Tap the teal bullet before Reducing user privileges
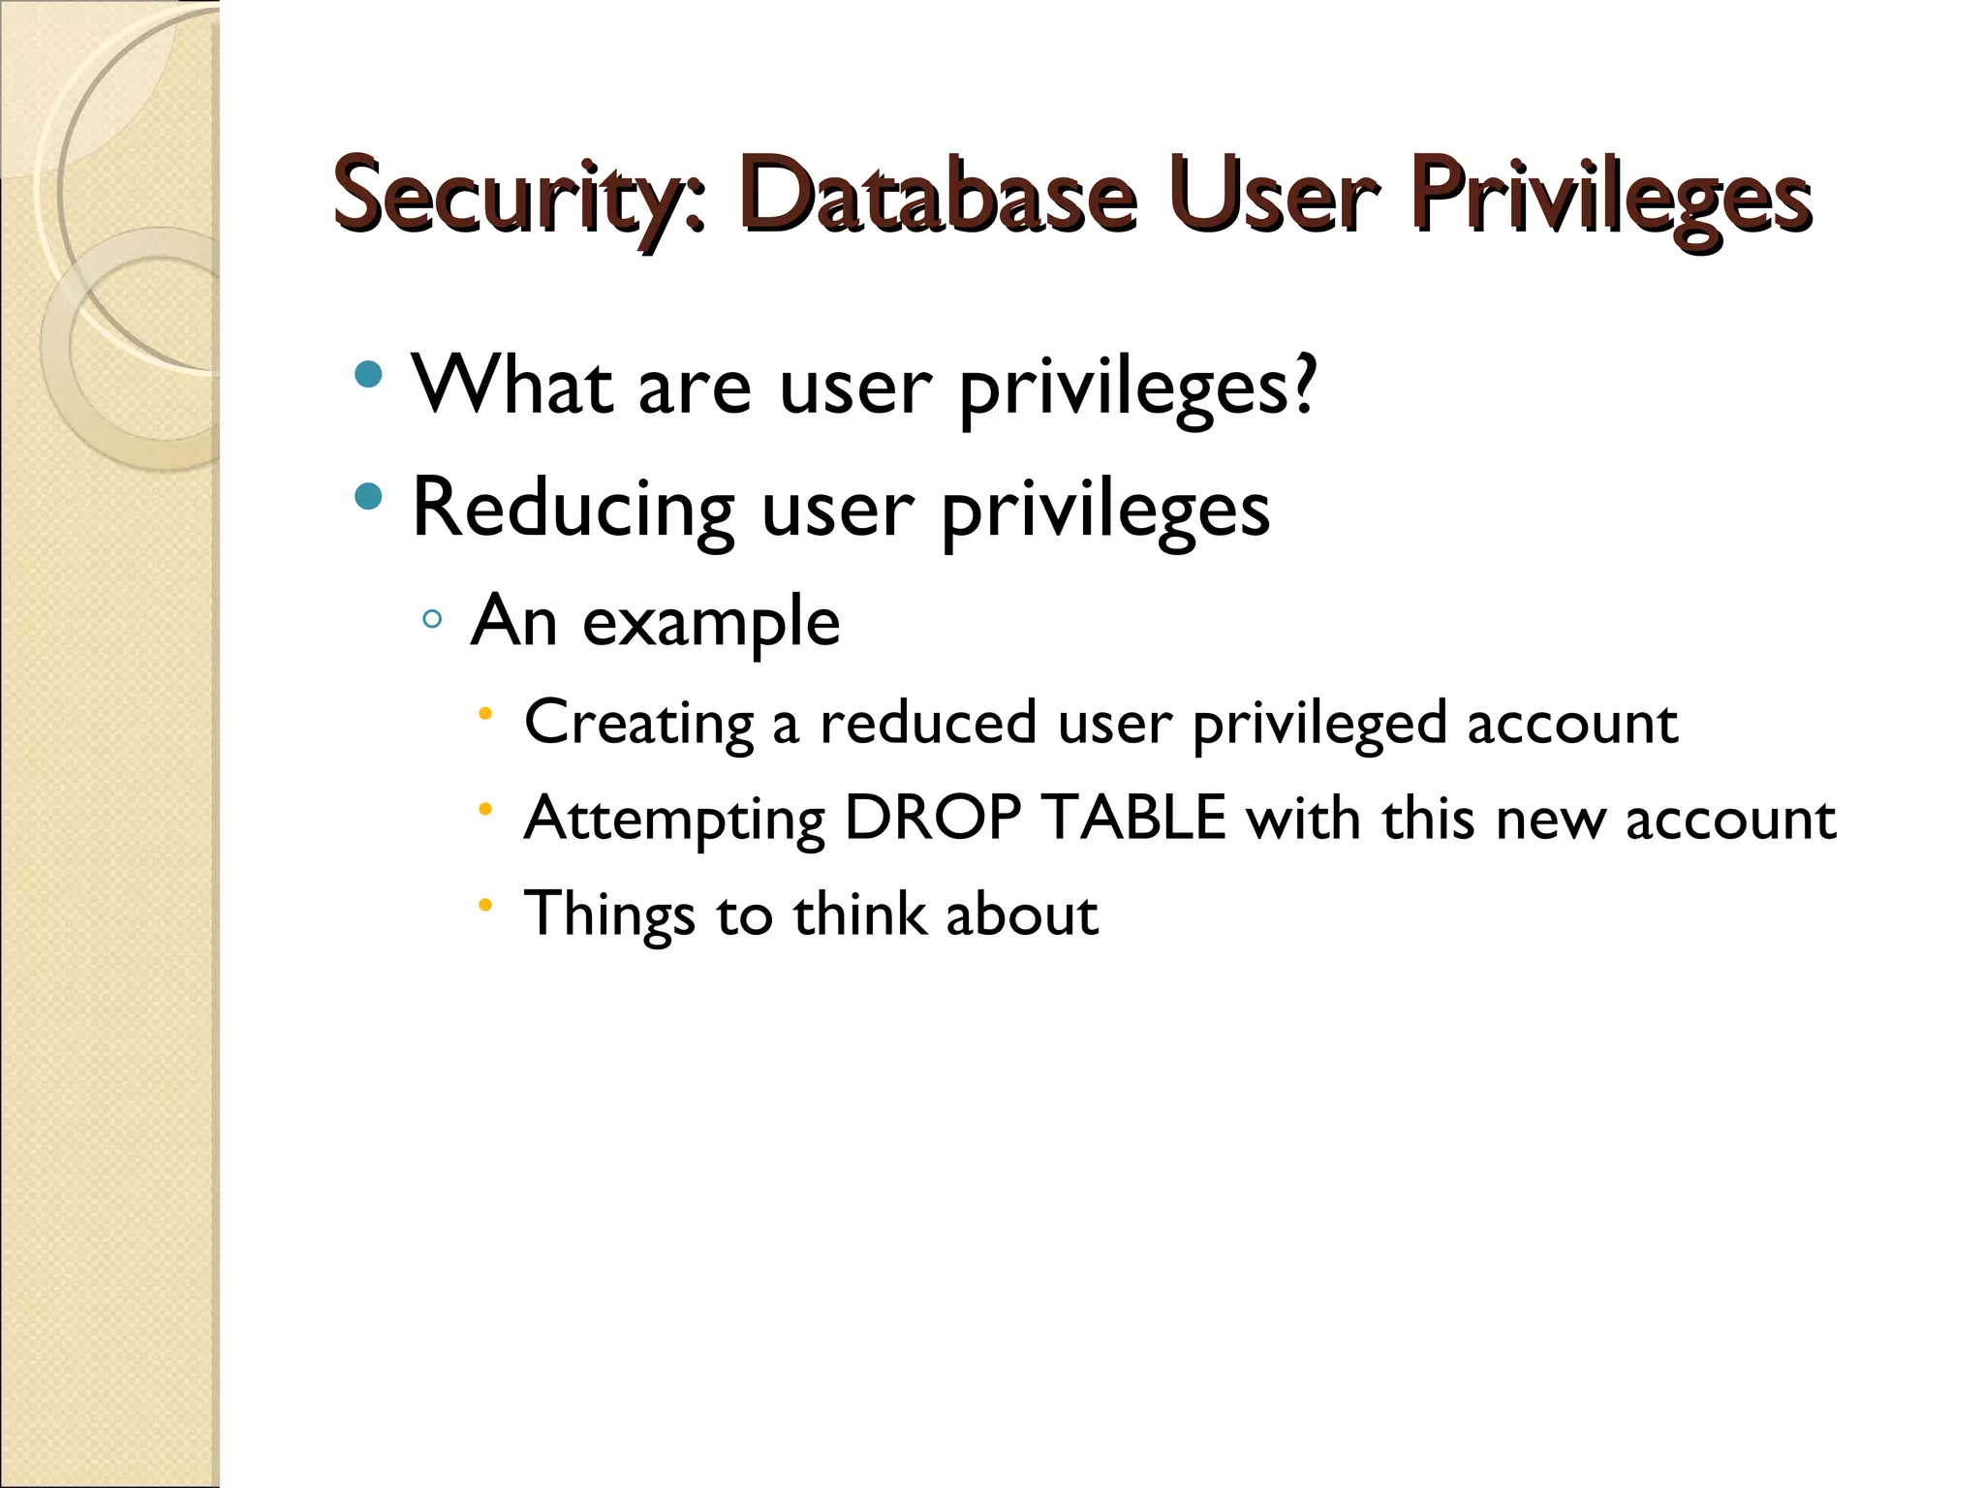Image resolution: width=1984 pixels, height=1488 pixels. pyautogui.click(x=368, y=498)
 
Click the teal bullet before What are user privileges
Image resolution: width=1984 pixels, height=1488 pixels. pyautogui.click(x=368, y=375)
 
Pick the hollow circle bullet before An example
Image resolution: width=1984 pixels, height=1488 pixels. pyautogui.click(x=432, y=618)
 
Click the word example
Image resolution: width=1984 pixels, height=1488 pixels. pyautogui.click(x=710, y=623)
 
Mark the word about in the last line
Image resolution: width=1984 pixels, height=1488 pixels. pyautogui.click(x=1022, y=914)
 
